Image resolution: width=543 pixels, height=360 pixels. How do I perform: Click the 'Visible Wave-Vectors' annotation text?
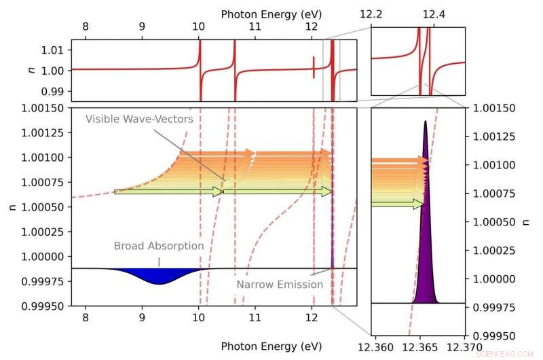(139, 119)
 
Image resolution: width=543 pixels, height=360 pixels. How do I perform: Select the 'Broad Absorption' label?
(158, 246)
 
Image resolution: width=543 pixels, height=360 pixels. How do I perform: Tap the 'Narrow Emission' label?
(280, 285)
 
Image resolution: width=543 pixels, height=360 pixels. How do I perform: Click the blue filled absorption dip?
(160, 276)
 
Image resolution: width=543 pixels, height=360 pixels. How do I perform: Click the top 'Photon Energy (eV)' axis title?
(271, 14)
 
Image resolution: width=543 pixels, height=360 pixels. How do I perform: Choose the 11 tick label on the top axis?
(255, 28)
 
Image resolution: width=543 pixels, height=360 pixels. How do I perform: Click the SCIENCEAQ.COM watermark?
(511, 354)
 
